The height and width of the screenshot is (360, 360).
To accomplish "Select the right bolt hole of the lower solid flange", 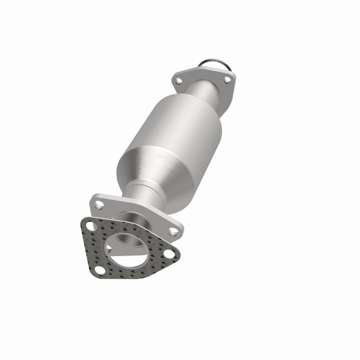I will pos(172,231).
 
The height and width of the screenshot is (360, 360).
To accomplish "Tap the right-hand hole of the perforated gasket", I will pos(170,254).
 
